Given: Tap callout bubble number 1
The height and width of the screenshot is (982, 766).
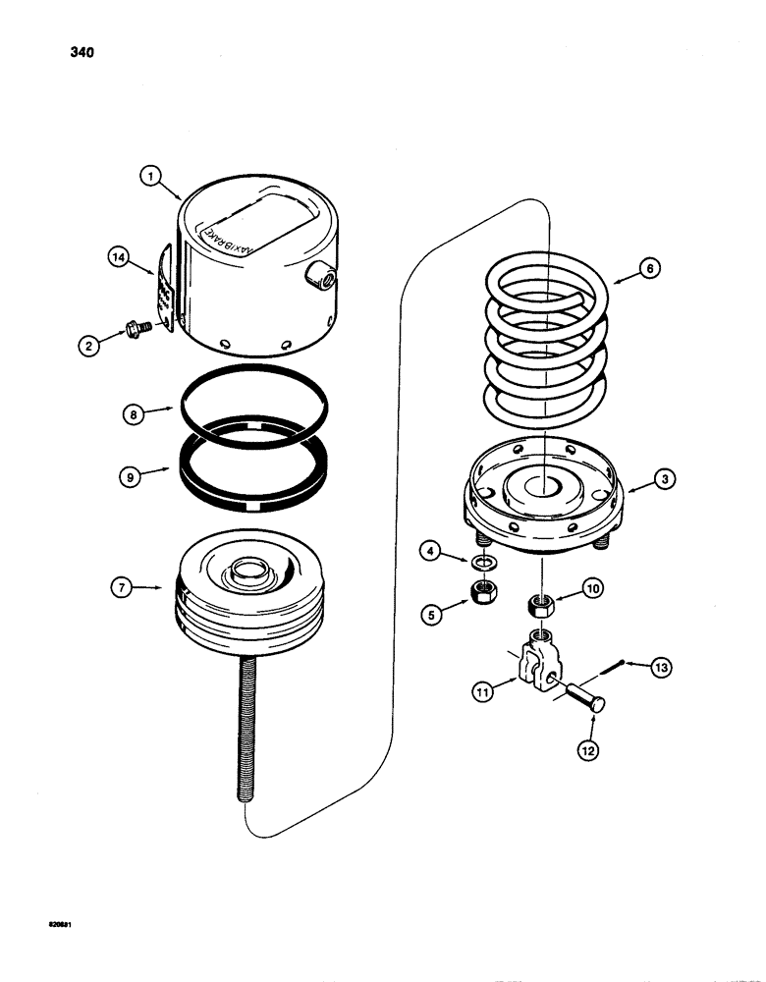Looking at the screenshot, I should coord(149,177).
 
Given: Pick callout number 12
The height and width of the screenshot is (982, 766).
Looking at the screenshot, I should coord(589,754).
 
